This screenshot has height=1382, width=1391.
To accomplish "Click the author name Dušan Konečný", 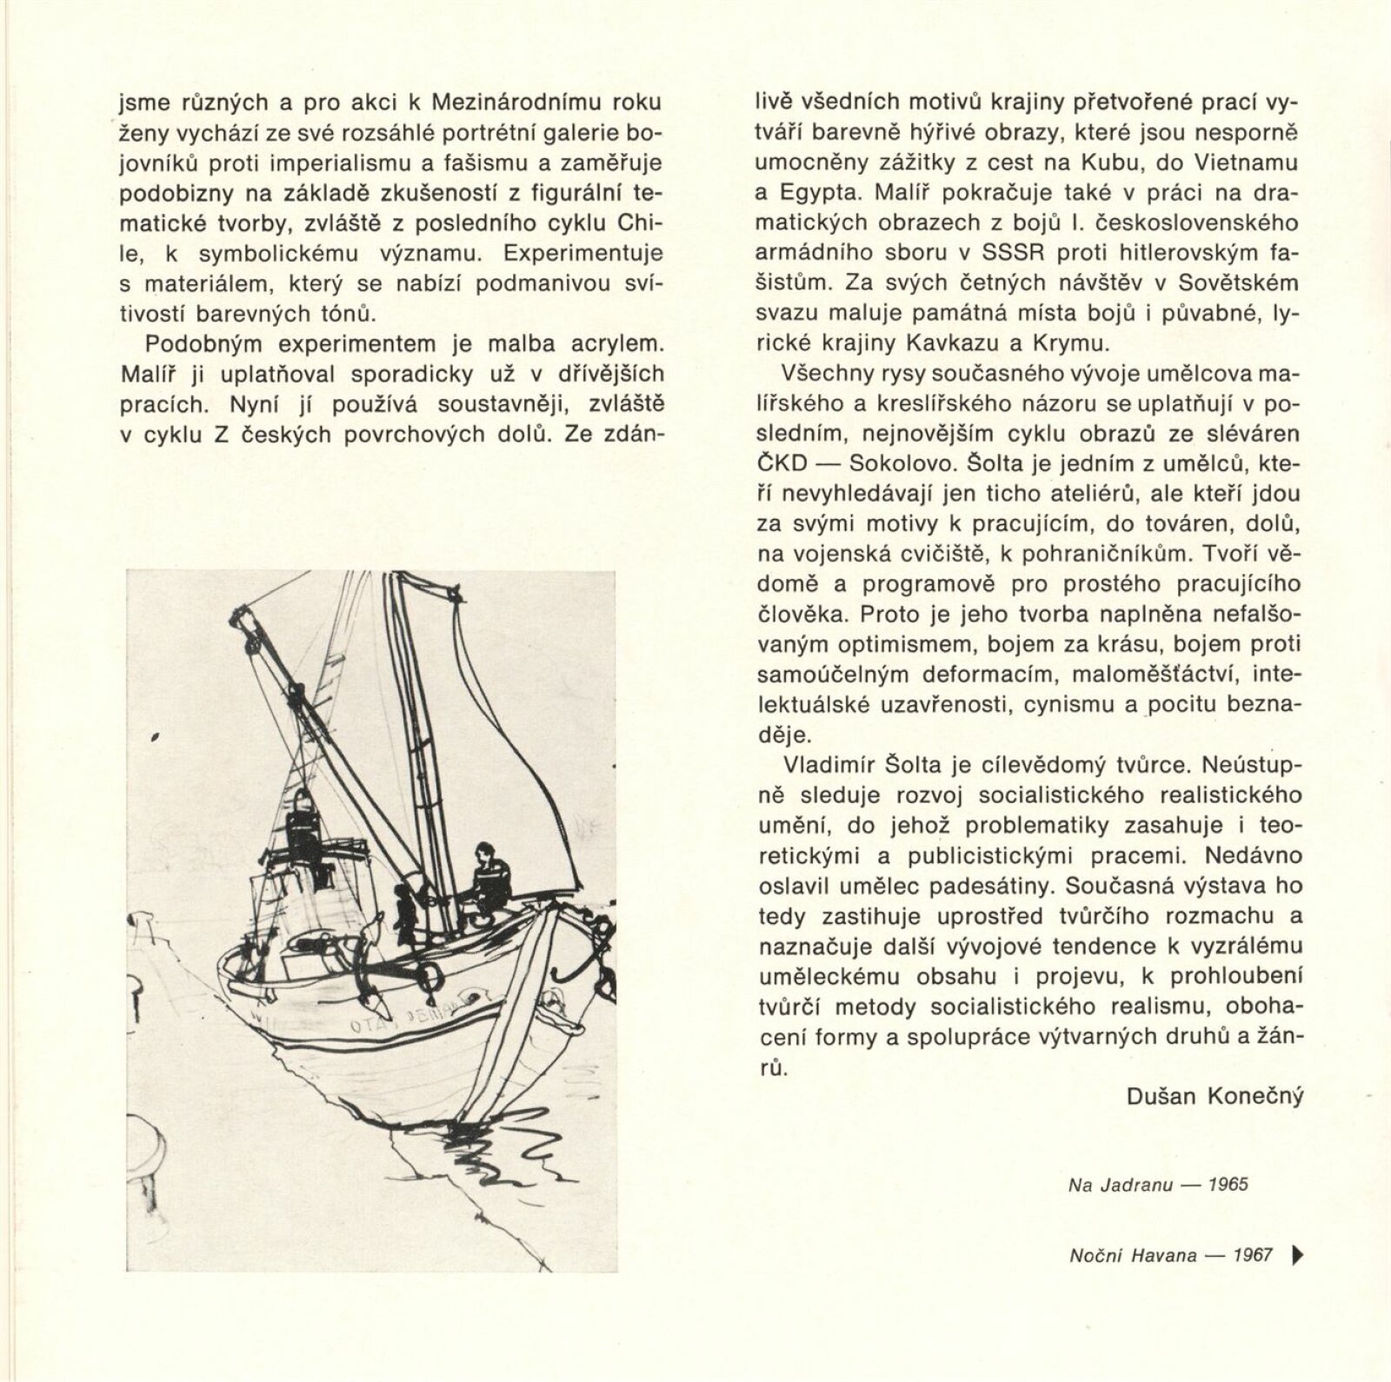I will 1215,1096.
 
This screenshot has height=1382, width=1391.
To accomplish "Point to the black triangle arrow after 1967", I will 1300,1254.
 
